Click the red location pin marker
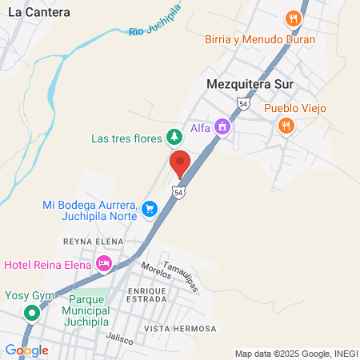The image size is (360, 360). click(x=180, y=164)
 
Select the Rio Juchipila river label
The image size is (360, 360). click(x=154, y=22)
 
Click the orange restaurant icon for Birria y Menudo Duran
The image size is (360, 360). click(x=294, y=18)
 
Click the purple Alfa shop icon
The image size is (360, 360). click(x=222, y=126)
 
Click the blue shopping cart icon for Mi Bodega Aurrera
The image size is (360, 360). click(x=150, y=210)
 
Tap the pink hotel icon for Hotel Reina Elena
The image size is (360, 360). click(x=103, y=263)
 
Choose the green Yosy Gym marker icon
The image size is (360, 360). click(x=31, y=313)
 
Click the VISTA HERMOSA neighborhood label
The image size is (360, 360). click(x=181, y=329)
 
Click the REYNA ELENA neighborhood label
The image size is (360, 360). click(x=94, y=241)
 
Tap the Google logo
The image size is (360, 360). click(x=27, y=350)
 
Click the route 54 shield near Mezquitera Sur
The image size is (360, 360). click(x=243, y=103)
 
